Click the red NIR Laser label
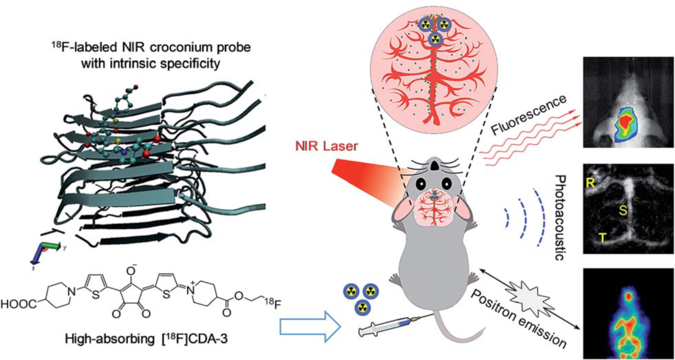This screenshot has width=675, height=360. tap(326, 147)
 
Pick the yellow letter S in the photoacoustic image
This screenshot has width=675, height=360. tap(623, 210)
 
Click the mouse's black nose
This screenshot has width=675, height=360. tap(434, 165)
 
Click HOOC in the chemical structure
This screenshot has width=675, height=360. tap(19, 304)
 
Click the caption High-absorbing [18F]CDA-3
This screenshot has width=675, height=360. tap(146, 339)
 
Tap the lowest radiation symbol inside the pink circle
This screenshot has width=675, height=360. tap(435, 39)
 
